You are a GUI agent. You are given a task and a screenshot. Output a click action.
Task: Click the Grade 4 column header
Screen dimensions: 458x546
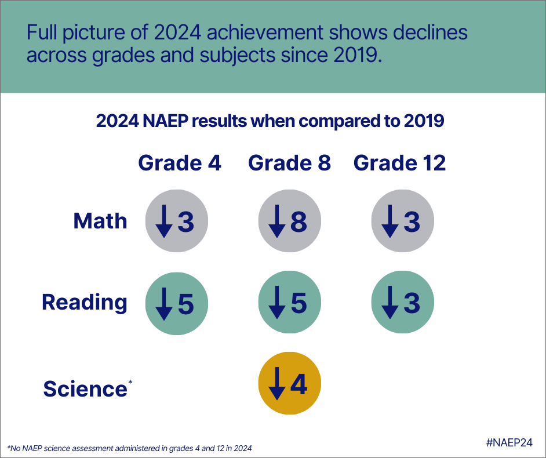pos(179,163)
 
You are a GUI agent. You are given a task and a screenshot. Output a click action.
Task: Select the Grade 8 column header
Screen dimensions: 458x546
pos(289,163)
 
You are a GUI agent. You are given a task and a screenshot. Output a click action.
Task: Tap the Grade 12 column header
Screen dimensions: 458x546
pos(399,163)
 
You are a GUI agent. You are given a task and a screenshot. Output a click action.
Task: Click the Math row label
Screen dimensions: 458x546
pos(100,221)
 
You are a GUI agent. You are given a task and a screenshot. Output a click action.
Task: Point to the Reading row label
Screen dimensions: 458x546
pos(84,302)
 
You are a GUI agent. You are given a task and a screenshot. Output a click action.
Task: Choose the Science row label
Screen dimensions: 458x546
pos(85,388)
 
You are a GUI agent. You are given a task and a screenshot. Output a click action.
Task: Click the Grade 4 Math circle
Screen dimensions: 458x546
pos(176,222)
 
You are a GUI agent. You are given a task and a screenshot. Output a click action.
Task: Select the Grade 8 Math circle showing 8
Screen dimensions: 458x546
pos(289,222)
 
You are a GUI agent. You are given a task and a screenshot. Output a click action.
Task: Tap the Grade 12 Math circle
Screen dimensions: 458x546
pos(402,222)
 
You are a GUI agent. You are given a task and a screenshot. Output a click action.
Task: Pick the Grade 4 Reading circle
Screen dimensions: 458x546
pos(176,303)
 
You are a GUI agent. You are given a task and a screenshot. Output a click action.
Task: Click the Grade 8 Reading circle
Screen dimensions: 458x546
pos(289,303)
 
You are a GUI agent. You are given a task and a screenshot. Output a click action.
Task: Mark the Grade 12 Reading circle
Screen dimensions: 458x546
pos(402,303)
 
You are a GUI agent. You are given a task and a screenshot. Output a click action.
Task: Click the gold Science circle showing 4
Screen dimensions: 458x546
pos(289,384)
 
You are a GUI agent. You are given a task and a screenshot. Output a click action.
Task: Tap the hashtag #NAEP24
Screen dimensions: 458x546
pos(508,442)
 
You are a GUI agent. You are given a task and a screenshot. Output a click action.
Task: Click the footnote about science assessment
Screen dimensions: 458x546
pos(129,448)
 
